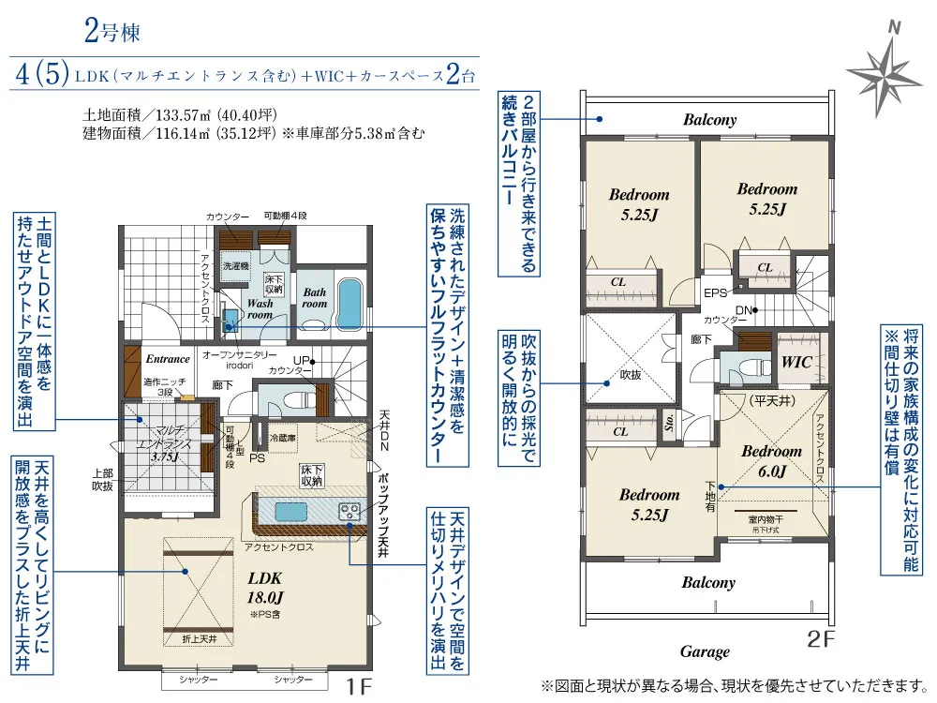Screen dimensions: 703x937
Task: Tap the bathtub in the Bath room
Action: [x=348, y=299]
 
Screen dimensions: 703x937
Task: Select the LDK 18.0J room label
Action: [x=264, y=588]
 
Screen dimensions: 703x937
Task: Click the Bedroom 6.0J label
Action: [x=771, y=461]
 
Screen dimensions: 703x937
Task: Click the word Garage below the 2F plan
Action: [x=705, y=652]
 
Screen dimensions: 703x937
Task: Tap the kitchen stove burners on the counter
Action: [x=350, y=511]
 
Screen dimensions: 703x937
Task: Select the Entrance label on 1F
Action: [x=168, y=359]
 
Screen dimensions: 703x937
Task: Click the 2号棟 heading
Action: [x=112, y=33]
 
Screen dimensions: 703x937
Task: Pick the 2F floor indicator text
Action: [x=820, y=641]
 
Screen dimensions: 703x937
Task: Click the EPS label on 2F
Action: [x=716, y=292]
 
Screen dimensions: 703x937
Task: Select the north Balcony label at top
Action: [x=709, y=120]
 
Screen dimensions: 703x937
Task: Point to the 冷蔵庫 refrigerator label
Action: [x=284, y=437]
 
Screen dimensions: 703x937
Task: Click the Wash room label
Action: [x=260, y=309]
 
